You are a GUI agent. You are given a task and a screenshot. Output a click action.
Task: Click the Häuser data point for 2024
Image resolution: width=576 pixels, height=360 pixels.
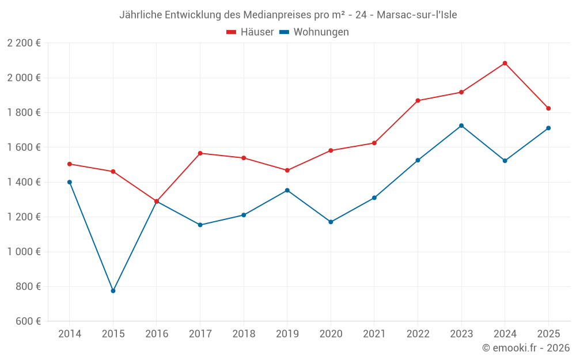(505, 63)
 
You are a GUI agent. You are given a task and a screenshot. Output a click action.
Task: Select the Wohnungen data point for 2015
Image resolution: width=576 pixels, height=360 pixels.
(113, 291)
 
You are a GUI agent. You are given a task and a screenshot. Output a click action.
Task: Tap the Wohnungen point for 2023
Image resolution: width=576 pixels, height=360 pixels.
(461, 126)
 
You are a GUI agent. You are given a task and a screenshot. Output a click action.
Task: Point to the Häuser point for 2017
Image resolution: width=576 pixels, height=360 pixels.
(200, 153)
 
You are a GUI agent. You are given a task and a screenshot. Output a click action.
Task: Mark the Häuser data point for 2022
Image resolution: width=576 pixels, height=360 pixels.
(418, 101)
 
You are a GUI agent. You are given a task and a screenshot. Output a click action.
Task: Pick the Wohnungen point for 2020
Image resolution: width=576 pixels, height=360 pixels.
(331, 222)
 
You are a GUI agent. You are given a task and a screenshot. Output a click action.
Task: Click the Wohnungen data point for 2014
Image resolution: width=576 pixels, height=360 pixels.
(70, 182)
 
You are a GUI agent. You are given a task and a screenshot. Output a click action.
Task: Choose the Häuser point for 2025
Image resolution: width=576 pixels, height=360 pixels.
(548, 108)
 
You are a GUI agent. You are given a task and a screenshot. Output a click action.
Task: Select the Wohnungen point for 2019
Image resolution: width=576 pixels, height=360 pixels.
(287, 190)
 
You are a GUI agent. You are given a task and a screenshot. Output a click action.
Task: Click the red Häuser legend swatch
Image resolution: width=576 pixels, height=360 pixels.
(232, 32)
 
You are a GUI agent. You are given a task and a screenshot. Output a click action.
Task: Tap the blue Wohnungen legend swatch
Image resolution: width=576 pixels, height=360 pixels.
(284, 32)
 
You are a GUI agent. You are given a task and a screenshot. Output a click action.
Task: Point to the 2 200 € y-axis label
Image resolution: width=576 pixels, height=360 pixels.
(24, 43)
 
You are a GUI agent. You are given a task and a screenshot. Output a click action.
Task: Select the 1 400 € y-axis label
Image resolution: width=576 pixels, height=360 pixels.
(24, 182)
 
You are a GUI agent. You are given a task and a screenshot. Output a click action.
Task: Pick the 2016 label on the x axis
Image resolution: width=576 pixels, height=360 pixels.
(157, 334)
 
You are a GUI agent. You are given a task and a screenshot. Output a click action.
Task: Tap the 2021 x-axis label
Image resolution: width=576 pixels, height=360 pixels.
(374, 334)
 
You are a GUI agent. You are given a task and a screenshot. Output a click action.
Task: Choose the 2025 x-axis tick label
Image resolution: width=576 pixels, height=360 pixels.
(548, 334)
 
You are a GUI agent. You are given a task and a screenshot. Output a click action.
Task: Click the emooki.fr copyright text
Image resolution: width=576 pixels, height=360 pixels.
(526, 348)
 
